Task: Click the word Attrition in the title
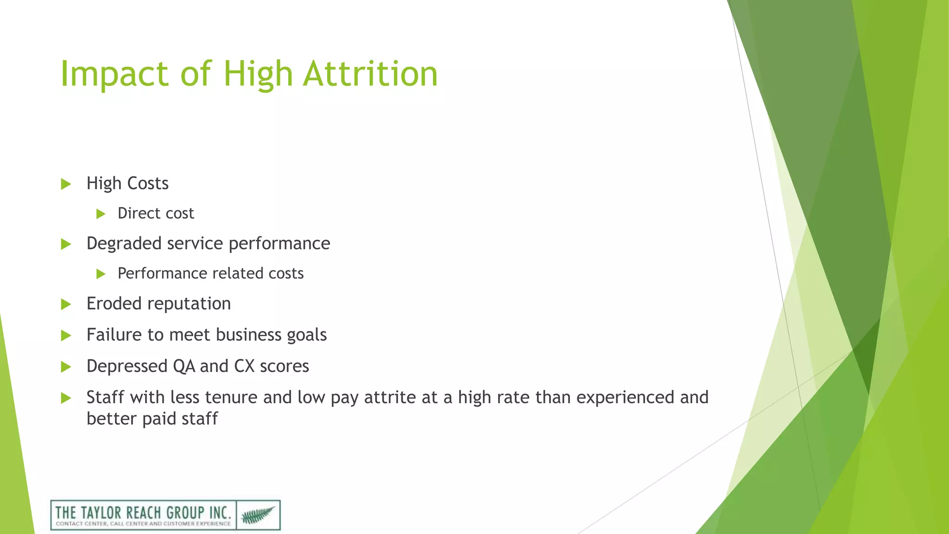pos(370,74)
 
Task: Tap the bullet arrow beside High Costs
pos(66,184)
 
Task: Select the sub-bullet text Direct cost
pos(156,213)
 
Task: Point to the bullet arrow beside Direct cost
pos(101,214)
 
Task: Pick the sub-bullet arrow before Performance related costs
pos(101,274)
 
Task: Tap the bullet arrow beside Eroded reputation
pos(66,305)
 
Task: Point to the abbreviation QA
pos(184,366)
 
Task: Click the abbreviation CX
pos(244,366)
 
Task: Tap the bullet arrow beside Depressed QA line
pos(66,367)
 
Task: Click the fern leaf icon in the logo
pos(258,515)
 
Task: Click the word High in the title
pos(258,74)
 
